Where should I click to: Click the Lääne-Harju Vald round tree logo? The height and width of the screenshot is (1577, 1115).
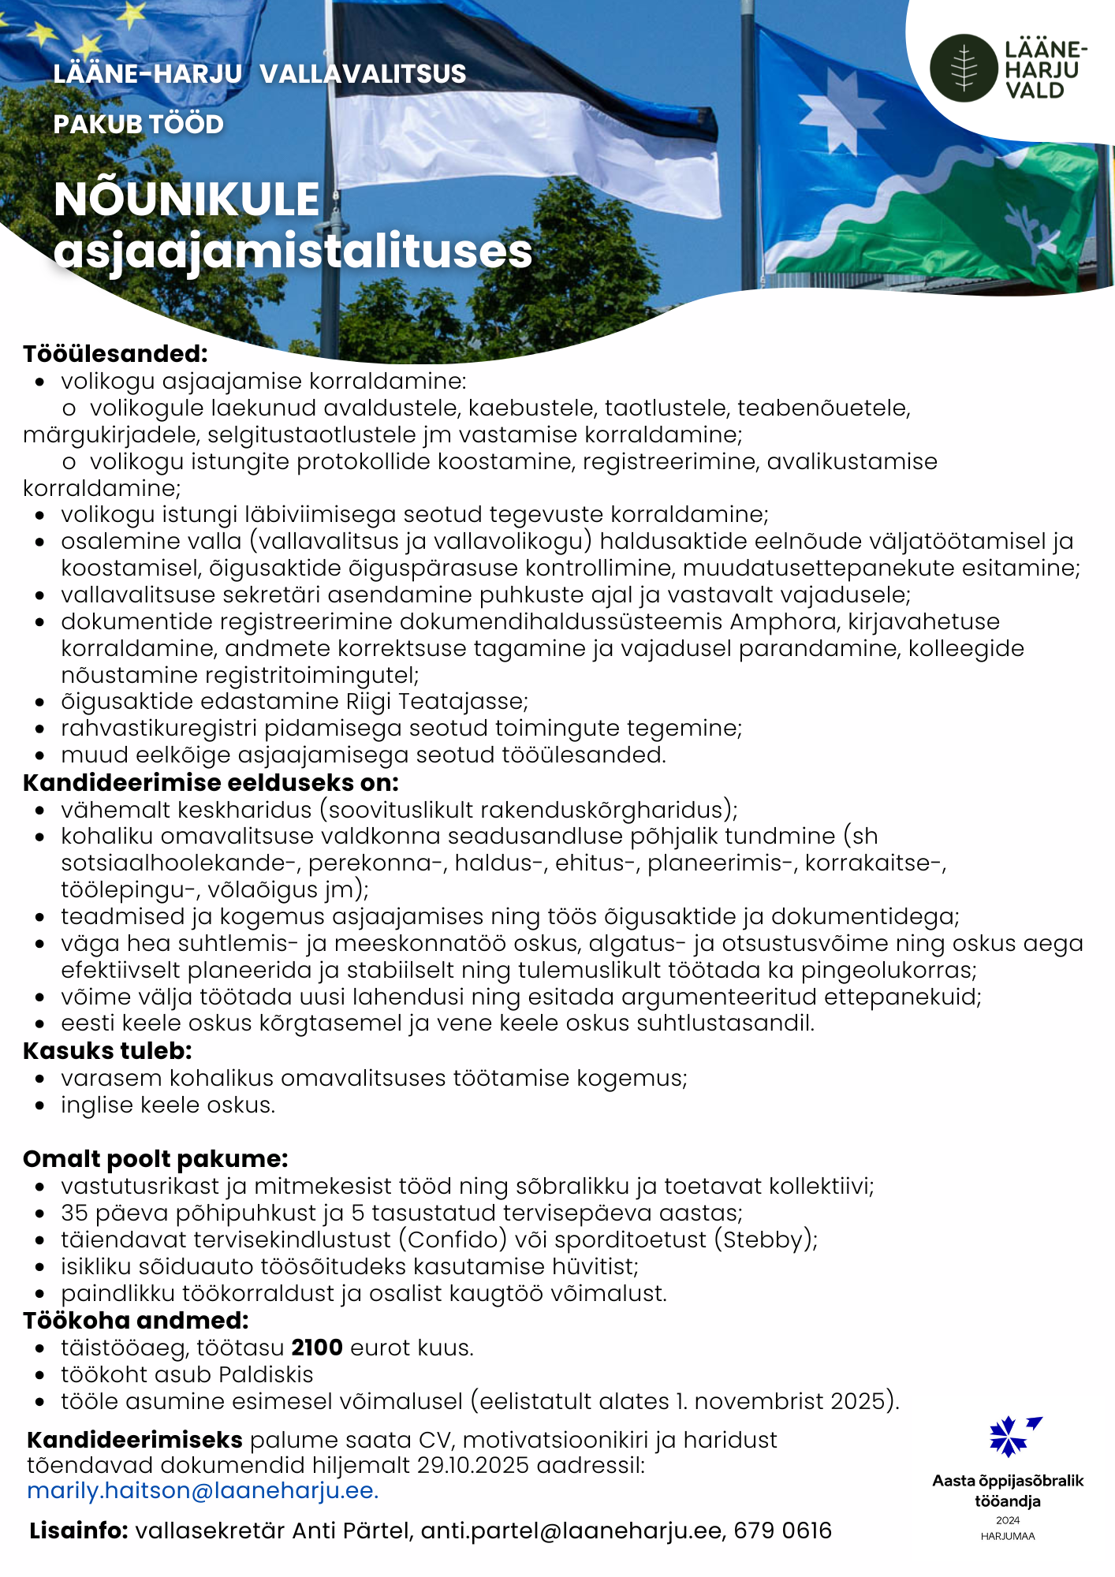(964, 68)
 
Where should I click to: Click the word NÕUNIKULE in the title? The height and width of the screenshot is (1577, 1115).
(187, 199)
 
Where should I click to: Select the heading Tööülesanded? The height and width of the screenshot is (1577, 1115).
(115, 354)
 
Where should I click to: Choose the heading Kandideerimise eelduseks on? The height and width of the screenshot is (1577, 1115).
(211, 783)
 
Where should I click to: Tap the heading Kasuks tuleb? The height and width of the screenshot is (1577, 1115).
(107, 1051)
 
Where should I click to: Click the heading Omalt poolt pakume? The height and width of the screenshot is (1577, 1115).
(155, 1159)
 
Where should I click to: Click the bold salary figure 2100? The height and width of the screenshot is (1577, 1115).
(317, 1348)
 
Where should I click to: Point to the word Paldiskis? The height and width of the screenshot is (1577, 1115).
(266, 1374)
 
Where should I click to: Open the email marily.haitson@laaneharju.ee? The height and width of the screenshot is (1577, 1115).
(203, 1490)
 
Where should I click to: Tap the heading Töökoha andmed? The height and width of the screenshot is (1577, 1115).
(136, 1321)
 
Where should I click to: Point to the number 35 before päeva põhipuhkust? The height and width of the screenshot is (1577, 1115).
(74, 1213)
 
